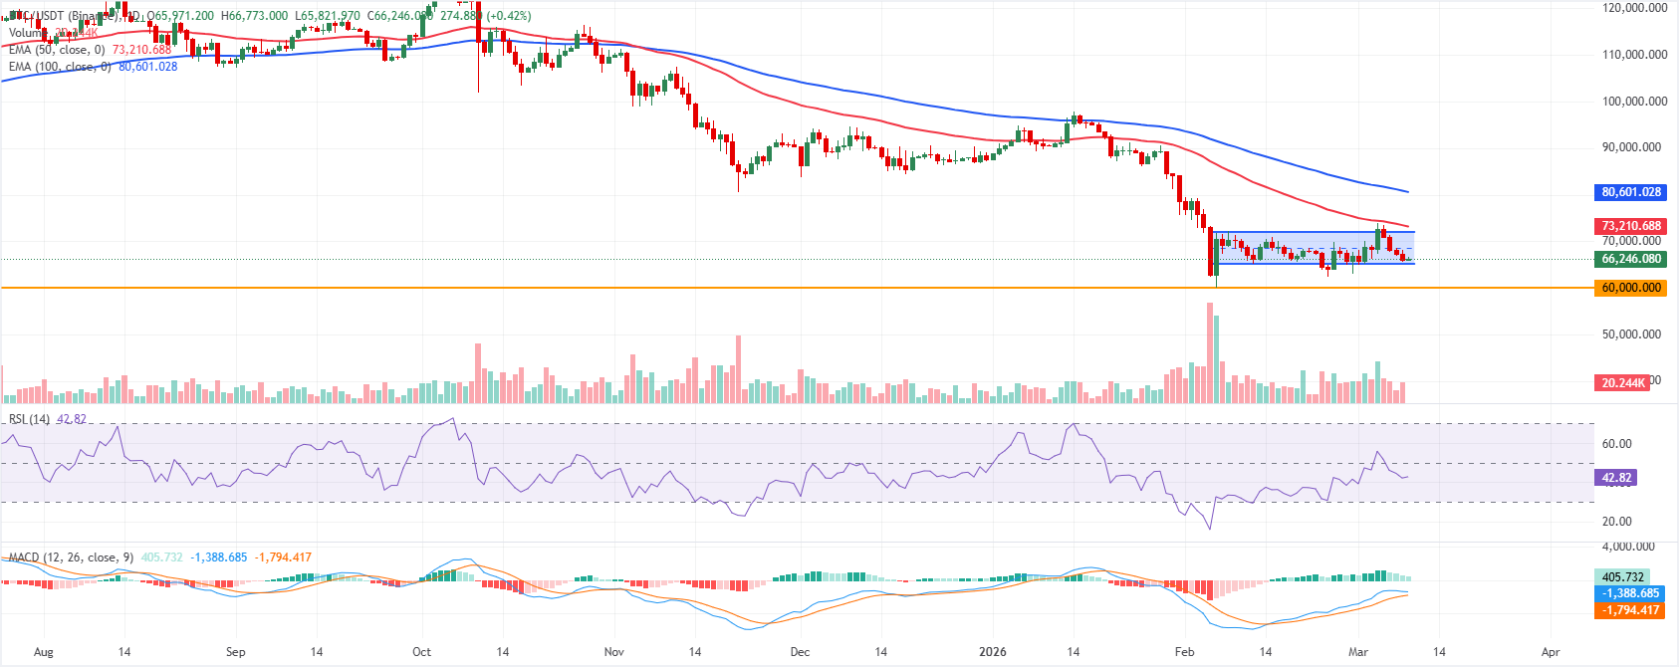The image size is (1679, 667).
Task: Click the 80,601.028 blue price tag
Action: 1630,192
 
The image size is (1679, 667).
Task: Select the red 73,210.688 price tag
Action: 1630,226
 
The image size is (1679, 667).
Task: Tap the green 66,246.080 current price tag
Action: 1630,259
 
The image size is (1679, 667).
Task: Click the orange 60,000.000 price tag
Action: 1630,288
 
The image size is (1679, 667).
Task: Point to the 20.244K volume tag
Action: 1622,383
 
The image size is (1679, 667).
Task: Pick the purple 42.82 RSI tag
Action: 1616,478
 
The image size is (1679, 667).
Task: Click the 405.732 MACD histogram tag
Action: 1622,577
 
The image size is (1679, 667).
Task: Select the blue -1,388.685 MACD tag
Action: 1628,593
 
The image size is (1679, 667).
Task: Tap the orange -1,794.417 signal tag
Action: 1628,610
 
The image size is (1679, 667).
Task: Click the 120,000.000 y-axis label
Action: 1634,8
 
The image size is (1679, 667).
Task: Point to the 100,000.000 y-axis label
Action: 1634,102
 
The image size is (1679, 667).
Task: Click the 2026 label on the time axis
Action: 992,652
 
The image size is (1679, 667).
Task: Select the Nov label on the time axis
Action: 613,652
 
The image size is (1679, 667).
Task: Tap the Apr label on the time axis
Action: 1551,652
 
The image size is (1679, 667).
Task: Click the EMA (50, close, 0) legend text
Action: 57,50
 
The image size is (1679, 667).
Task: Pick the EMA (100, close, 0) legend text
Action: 60,67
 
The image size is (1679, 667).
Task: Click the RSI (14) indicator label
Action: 29,419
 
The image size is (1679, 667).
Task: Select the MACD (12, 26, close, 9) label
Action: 70,557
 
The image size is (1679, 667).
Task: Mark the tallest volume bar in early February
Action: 1210,353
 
